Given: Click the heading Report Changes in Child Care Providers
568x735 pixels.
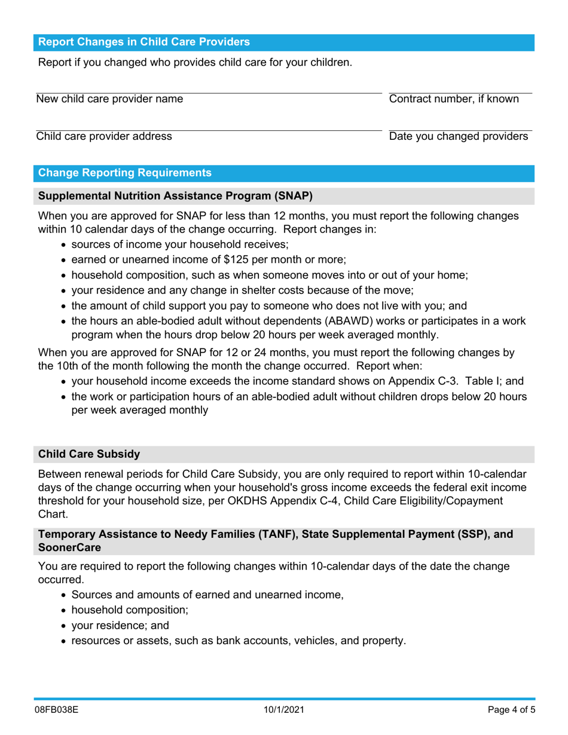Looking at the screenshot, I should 144,42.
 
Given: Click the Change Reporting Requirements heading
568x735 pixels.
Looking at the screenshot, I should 124,173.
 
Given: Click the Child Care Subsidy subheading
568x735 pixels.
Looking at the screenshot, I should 89,454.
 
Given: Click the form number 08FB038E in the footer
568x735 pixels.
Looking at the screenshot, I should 56,710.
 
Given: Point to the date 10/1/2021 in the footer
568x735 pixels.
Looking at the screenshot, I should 285,710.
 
